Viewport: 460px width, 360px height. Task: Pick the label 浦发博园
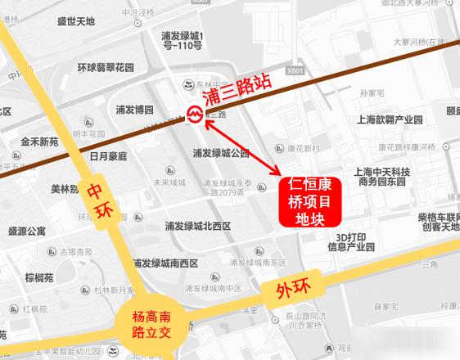[x=134, y=109]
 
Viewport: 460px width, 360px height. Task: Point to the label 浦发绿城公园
[x=220, y=153]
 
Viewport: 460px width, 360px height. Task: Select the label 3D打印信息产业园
[x=350, y=241]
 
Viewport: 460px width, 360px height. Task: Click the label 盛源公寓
[x=27, y=232]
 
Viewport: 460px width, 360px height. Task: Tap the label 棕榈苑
[x=39, y=278]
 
